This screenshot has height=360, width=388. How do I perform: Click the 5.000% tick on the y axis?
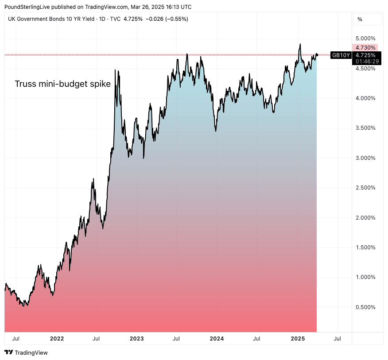tap(366, 39)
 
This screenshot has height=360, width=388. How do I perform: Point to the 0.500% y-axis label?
tap(366, 307)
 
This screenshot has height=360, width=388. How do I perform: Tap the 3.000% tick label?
tap(366, 158)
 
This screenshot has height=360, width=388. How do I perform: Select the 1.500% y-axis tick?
tap(366, 248)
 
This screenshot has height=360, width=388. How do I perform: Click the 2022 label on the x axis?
tap(57, 339)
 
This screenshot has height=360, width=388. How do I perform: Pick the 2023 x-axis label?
tap(136, 339)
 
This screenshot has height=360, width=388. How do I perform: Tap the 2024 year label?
tap(217, 339)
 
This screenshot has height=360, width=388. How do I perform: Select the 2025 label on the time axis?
tap(297, 339)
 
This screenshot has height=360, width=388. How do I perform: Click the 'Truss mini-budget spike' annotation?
tap(62, 84)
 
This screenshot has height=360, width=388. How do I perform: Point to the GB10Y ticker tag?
tap(341, 55)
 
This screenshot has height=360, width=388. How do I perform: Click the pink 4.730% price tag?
tap(365, 47)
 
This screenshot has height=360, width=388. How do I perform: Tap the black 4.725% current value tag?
tap(365, 55)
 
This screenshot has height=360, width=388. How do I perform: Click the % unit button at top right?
tap(360, 19)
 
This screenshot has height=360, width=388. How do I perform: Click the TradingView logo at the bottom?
tap(26, 352)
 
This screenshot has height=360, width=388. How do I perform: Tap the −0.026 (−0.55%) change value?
tap(167, 19)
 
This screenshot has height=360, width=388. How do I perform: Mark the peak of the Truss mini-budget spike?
tap(115, 70)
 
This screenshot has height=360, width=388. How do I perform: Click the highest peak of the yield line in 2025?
tap(300, 44)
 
